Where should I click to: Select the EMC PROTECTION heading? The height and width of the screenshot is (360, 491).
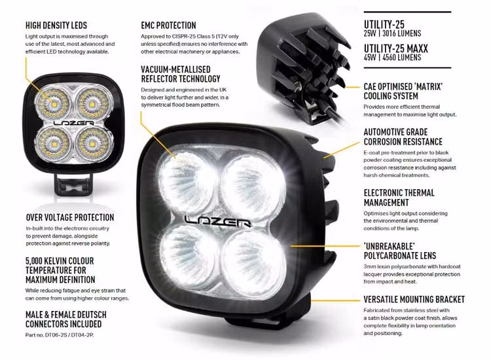point(168,25)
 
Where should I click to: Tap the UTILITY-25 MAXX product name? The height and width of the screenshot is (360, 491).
point(403,46)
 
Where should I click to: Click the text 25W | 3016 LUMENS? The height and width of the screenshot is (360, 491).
point(392,33)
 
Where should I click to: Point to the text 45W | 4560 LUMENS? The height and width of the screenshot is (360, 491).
point(393,57)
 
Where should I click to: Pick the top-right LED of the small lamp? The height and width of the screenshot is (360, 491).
point(89,102)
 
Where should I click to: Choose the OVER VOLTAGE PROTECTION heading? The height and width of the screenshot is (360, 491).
point(69,217)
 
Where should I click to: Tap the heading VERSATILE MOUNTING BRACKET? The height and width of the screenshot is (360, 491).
point(414,299)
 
